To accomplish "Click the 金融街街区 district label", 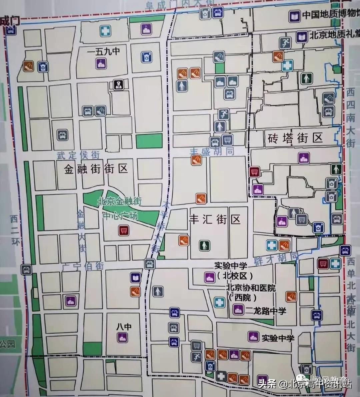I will pyautogui.click(x=96, y=169).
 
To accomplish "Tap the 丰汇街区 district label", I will pyautogui.click(x=215, y=220).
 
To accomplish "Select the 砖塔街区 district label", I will pyautogui.click(x=295, y=138).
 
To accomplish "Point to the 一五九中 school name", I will pyautogui.click(x=103, y=52).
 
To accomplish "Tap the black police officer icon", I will pyautogui.click(x=118, y=85).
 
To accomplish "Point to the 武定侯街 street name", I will pyautogui.click(x=78, y=155).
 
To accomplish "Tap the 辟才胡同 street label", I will pyautogui.click(x=276, y=259).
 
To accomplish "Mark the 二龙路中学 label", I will pyautogui.click(x=265, y=311).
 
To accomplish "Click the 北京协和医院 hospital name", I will pyautogui.click(x=251, y=288).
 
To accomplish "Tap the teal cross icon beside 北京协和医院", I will pyautogui.click(x=219, y=302).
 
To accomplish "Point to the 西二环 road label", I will pyautogui.click(x=14, y=230).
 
